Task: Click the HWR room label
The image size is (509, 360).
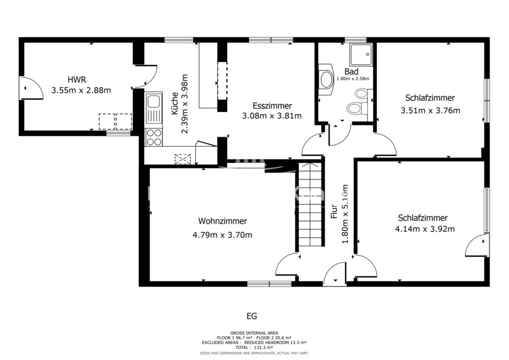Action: point(77,80)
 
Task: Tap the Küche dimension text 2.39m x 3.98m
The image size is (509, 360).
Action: point(184,104)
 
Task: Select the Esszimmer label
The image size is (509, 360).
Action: point(272,105)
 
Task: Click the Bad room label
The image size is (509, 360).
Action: point(351,72)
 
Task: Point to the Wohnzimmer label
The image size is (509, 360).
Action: point(222,221)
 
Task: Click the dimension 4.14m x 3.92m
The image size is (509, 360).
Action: point(424,229)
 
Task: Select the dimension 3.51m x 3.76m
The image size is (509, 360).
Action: point(430,110)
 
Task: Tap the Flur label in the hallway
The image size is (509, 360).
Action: point(334,211)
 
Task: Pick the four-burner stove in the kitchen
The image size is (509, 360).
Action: point(154,137)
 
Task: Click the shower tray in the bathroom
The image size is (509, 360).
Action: point(361,54)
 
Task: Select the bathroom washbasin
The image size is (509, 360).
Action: point(326,80)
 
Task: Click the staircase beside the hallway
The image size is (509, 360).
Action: point(310,204)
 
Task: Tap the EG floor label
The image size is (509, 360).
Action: point(252,316)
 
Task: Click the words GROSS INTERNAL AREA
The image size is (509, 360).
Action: point(254,333)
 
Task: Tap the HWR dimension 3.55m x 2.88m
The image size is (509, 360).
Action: point(81,90)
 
